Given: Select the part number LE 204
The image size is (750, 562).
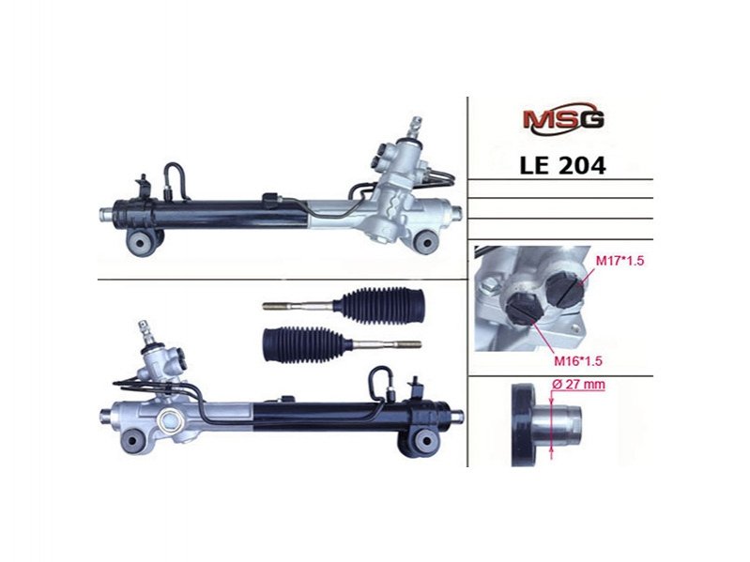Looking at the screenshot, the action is (562, 165).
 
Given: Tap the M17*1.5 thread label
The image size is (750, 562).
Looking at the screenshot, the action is (620, 261).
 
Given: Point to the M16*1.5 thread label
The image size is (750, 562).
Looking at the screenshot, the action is (578, 361).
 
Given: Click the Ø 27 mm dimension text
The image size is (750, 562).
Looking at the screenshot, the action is (578, 385).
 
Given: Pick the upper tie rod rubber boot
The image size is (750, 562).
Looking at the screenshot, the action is (383, 304).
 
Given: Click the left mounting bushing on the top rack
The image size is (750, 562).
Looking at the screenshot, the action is (140, 242).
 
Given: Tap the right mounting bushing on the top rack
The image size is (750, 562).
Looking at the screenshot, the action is (424, 241).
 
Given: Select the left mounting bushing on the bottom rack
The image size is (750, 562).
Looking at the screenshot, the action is (134, 441).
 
